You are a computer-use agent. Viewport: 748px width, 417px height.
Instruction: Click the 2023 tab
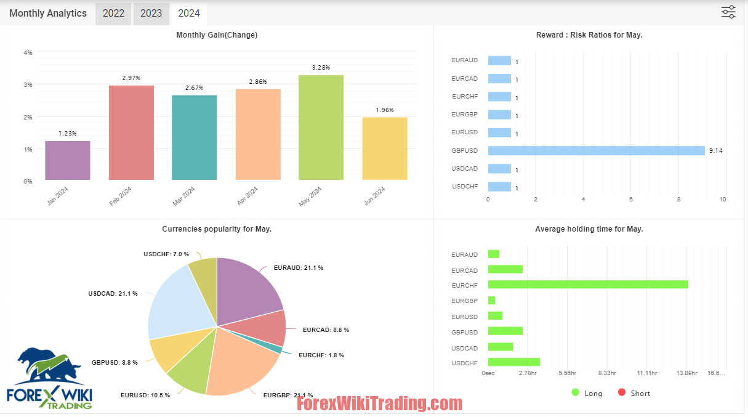pyautogui.click(x=151, y=14)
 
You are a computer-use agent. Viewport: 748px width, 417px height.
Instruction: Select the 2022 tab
pyautogui.click(x=113, y=14)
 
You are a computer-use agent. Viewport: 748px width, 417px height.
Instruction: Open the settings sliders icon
pyautogui.click(x=728, y=12)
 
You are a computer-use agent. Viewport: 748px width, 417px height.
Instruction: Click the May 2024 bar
pyautogui.click(x=321, y=128)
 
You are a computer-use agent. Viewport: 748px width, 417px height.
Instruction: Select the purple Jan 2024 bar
pyautogui.click(x=68, y=160)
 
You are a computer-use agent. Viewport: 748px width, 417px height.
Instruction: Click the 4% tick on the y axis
pyautogui.click(x=28, y=53)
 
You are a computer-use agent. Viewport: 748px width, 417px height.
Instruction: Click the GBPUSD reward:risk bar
pyautogui.click(x=596, y=150)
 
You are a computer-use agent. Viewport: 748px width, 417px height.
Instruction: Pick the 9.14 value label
pyautogui.click(x=716, y=151)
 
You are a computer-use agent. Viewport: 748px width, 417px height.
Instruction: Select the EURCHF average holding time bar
pyautogui.click(x=588, y=285)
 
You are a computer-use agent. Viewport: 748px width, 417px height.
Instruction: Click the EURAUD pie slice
pyautogui.click(x=246, y=289)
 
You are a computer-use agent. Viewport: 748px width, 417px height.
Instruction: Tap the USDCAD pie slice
pyautogui.click(x=179, y=302)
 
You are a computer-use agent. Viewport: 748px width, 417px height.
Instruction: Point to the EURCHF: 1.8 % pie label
pyautogui.click(x=321, y=355)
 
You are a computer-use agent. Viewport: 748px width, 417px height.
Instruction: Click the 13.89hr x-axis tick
pyautogui.click(x=687, y=373)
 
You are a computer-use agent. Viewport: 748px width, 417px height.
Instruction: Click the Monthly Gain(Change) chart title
pyautogui.click(x=217, y=35)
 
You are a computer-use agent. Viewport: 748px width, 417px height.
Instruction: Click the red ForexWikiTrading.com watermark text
pyautogui.click(x=379, y=404)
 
